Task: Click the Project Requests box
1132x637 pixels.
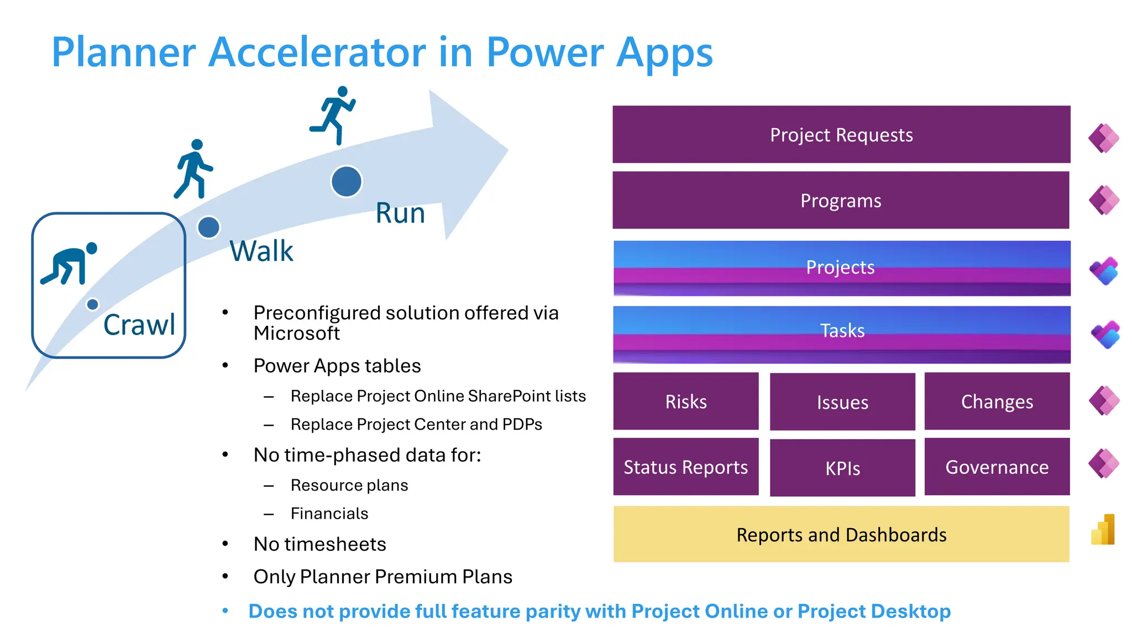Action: coord(841,134)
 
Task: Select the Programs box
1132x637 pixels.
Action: coord(841,200)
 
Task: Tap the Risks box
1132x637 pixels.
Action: coord(685,401)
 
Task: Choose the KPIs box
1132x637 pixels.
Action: coord(842,468)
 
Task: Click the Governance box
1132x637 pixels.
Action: coord(997,467)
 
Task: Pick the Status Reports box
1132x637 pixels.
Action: coord(685,467)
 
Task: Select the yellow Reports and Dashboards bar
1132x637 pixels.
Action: coord(841,535)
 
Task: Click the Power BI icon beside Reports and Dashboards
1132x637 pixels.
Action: coord(1103,530)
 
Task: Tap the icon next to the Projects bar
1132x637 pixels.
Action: coord(1104,271)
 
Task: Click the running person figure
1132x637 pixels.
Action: coord(333,115)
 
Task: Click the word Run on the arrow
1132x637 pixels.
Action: coord(400,213)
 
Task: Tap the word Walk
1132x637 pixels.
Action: coord(261,251)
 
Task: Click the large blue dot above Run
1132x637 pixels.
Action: coord(347,181)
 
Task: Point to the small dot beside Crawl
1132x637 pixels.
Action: coord(93,304)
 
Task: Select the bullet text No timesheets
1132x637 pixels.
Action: coord(319,544)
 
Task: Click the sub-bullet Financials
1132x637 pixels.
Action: coord(329,514)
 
